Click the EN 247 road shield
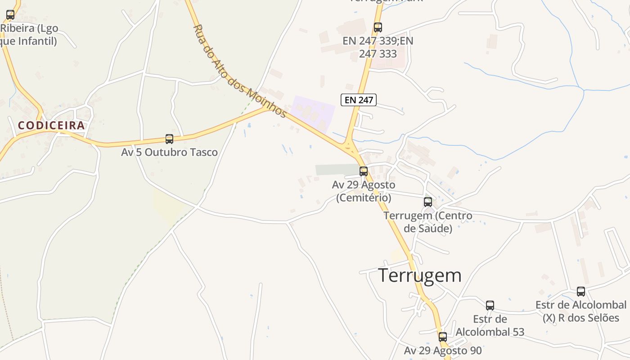(x=358, y=100)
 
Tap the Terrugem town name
(x=419, y=275)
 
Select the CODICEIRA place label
(x=51, y=126)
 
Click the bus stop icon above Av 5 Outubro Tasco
(x=169, y=139)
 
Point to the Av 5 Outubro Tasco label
(x=169, y=152)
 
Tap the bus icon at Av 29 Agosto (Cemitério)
(x=364, y=171)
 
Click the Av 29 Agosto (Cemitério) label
(x=364, y=191)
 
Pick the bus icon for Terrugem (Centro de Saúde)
(x=427, y=202)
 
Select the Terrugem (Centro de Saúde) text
(x=428, y=222)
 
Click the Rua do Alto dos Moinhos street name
(x=239, y=71)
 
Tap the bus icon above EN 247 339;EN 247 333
(x=378, y=27)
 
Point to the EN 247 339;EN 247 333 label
(x=378, y=47)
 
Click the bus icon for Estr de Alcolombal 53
(x=490, y=306)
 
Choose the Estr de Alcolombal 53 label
(x=490, y=325)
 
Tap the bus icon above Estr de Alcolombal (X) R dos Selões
(x=581, y=292)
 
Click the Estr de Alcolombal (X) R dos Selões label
(x=581, y=311)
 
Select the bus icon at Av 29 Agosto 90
(x=443, y=337)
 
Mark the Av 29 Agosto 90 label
(x=443, y=351)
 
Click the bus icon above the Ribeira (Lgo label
(x=10, y=15)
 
